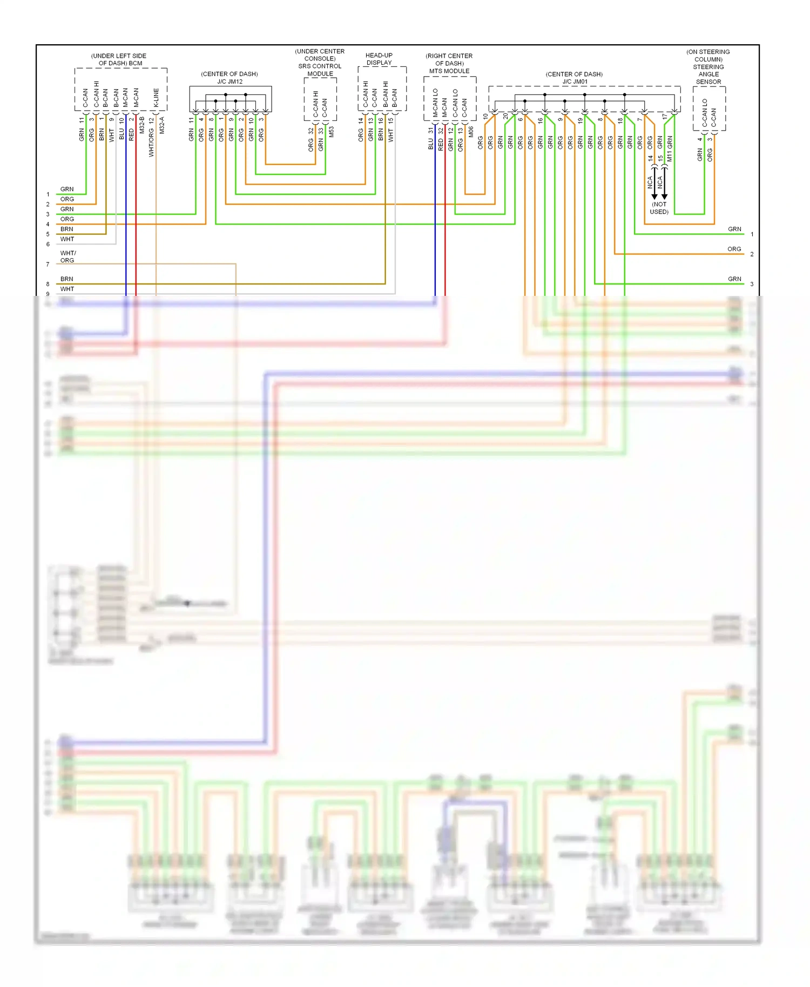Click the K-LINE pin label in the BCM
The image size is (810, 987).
[156, 98]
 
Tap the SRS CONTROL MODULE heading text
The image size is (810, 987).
[320, 70]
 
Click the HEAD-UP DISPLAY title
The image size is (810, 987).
[379, 59]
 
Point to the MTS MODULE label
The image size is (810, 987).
[449, 71]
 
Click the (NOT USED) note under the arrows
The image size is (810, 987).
[659, 208]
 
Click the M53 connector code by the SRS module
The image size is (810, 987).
[331, 131]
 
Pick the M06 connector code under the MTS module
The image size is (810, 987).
[471, 131]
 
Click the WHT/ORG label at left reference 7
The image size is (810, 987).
[67, 256]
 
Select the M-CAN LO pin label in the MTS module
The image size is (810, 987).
[435, 103]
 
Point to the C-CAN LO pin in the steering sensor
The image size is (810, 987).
[705, 112]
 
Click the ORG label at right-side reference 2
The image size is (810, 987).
[734, 249]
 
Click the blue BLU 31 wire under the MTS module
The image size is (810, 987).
[435, 216]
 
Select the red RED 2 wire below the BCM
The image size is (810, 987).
[136, 216]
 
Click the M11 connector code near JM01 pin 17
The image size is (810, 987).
[670, 156]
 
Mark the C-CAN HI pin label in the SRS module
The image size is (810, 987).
[316, 104]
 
